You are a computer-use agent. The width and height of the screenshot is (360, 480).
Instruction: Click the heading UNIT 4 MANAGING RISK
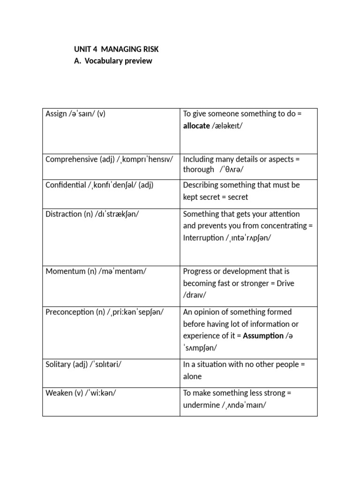click(120, 49)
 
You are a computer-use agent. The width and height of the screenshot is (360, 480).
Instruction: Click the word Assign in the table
click(56, 114)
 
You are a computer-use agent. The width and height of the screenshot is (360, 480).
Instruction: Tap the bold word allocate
click(196, 126)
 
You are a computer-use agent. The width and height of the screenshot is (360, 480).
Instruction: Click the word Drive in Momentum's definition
click(285, 283)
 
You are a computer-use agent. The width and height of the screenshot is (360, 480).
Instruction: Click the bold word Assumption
click(263, 336)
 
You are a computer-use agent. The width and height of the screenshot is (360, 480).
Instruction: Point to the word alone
click(192, 376)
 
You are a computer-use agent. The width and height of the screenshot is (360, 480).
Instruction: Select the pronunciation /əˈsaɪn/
click(82, 114)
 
